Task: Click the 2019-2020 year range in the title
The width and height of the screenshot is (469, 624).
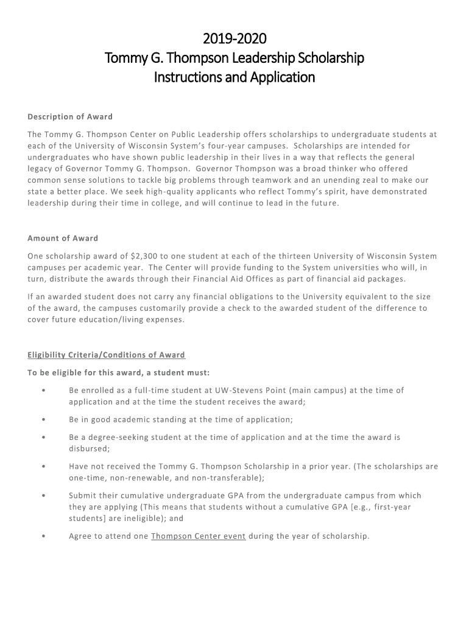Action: click(x=234, y=39)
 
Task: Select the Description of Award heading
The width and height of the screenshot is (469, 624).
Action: click(x=70, y=117)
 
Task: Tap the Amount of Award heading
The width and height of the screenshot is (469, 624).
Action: click(x=63, y=238)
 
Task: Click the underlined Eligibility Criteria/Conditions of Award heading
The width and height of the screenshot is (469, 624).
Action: click(x=106, y=355)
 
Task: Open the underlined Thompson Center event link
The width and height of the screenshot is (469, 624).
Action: click(x=199, y=536)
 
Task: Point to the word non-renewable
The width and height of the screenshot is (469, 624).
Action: click(x=139, y=478)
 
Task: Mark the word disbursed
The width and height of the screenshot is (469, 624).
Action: click(x=89, y=448)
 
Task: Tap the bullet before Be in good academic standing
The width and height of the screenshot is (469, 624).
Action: click(x=44, y=420)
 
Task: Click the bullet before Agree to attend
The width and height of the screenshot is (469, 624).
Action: click(x=44, y=536)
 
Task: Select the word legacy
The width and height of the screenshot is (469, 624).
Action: click(x=41, y=169)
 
